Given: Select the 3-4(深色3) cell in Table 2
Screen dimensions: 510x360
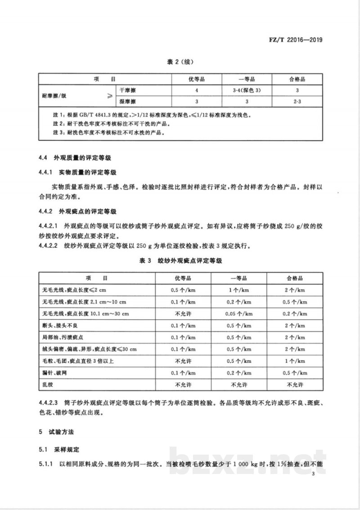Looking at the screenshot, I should [x=245, y=91].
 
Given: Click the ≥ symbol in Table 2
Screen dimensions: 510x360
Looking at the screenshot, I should [x=110, y=96].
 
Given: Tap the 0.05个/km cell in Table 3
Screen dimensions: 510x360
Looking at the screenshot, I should [x=245, y=313].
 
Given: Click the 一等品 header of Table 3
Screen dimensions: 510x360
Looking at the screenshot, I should [x=245, y=278].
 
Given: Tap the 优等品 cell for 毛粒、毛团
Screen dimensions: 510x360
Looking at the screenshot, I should [x=183, y=361].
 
